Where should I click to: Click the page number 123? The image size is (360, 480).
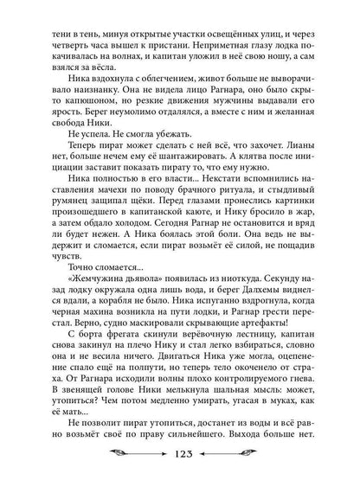point(180,456)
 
